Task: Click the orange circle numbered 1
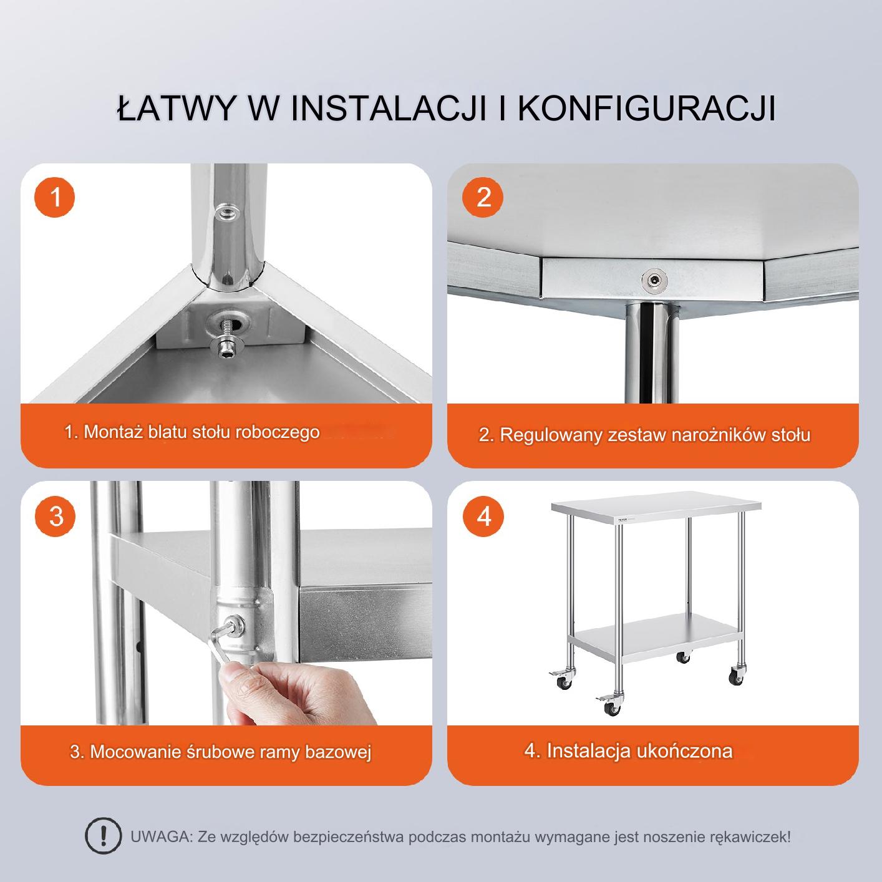pyautogui.click(x=55, y=198)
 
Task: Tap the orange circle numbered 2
pyautogui.click(x=482, y=198)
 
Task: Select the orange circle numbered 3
pyautogui.click(x=55, y=516)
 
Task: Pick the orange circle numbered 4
pyautogui.click(x=483, y=516)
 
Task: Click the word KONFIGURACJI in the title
pyautogui.click(x=646, y=109)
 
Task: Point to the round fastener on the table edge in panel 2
pyautogui.click(x=654, y=279)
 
